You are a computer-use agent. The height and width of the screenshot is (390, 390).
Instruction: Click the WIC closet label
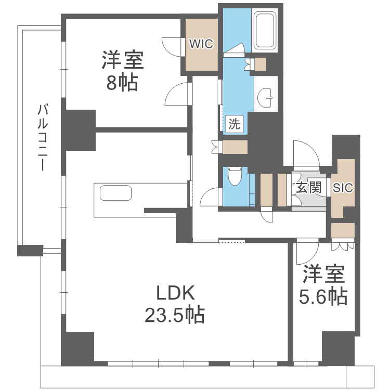coord(201,44)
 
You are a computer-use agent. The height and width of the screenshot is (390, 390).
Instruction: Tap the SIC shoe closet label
coord(343,188)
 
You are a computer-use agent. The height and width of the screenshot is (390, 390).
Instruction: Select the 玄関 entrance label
coord(308,187)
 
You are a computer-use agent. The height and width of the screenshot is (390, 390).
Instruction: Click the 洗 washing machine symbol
coord(235,124)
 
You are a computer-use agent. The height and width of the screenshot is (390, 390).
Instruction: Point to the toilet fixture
coord(235,176)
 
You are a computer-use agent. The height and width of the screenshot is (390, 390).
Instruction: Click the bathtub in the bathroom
coord(265,30)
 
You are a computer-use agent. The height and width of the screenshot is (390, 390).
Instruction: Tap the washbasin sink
coord(265,98)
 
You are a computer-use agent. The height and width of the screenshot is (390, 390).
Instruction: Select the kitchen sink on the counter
coord(115,193)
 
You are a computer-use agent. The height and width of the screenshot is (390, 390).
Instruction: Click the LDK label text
coord(176,293)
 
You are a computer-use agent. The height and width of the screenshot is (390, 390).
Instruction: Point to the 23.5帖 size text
coord(175,315)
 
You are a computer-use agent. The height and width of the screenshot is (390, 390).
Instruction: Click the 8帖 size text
coord(122,83)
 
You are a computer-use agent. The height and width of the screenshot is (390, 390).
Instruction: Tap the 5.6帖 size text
coord(323,296)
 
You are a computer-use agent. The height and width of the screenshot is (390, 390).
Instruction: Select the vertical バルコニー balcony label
coord(43,138)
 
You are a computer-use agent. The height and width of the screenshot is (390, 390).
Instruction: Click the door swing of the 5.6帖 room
coord(307,251)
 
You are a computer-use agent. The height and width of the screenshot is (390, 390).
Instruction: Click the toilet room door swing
coord(211,197)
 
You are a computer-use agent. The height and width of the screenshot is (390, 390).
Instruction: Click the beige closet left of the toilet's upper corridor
coord(235,147)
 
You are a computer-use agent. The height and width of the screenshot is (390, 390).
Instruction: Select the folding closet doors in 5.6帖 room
coord(343,244)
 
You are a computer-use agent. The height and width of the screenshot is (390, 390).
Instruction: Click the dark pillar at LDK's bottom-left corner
coord(77,349)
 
